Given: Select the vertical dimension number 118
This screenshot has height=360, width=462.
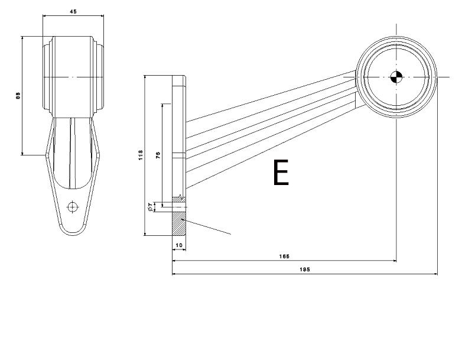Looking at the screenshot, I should (139, 155).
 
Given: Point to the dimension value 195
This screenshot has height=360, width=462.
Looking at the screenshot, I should (304, 270).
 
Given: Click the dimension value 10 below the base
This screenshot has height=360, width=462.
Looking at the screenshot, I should (178, 244).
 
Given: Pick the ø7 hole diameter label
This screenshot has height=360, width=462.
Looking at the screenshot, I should (151, 206).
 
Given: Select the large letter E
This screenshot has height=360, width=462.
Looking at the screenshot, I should (281, 173).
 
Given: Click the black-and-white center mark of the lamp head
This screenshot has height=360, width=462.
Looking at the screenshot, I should (396, 76).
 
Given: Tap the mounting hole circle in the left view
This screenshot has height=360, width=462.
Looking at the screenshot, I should (73, 206).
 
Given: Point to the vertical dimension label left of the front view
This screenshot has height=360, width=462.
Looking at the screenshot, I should (18, 96).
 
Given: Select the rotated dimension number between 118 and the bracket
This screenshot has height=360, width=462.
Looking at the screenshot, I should (157, 155).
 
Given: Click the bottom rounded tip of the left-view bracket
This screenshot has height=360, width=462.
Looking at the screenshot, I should (72, 232).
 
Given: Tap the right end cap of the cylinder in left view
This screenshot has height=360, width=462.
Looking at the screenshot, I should (101, 77).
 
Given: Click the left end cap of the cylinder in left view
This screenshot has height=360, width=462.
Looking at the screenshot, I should (45, 77).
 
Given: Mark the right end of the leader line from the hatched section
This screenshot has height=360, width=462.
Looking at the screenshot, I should (231, 234).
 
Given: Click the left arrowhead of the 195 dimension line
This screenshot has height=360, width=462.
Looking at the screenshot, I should (174, 274).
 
